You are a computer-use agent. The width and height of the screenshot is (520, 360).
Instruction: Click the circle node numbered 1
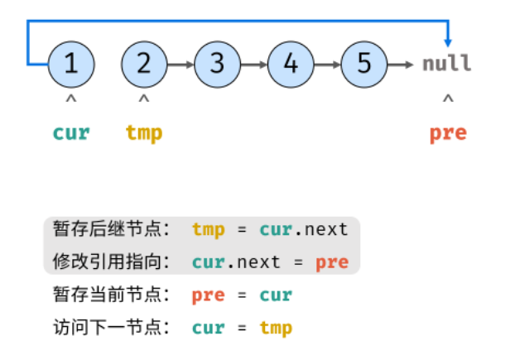71,65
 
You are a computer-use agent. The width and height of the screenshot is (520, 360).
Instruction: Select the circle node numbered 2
144,65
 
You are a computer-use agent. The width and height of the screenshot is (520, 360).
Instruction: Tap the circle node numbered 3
218,65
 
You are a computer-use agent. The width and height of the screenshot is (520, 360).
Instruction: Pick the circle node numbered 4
291,65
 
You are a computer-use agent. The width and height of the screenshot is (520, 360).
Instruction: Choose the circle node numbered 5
364,65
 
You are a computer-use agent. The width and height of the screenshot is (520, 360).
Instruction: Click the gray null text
446,64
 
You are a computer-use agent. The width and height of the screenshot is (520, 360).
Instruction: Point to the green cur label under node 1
71,133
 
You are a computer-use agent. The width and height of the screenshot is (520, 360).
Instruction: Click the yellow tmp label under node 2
144,134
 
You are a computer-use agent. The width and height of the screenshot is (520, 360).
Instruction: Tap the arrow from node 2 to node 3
181,65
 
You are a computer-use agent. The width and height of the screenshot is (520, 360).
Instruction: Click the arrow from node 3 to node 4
254,65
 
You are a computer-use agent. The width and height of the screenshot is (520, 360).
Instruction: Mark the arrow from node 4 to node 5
327,65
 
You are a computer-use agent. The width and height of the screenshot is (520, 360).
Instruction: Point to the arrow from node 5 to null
400,65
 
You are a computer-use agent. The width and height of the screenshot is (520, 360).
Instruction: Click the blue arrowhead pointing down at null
448,43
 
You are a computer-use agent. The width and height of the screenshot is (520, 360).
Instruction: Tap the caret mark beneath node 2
144,98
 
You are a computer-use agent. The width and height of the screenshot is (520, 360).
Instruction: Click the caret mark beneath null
448,98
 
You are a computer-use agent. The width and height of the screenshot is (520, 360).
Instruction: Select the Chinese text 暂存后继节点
108,229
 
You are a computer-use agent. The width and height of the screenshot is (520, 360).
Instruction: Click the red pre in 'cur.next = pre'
332,263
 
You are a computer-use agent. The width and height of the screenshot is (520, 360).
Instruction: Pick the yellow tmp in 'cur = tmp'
276,329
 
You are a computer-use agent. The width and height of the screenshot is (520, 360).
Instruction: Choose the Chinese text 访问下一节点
108,328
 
